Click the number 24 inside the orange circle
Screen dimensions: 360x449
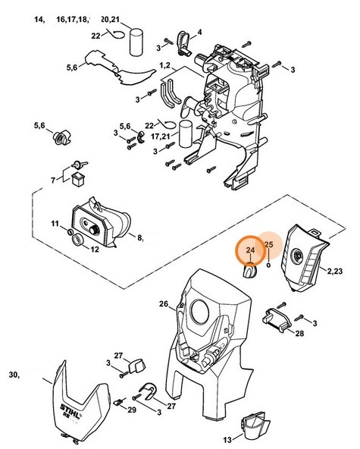coord(250,250)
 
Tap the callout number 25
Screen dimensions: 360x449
coord(269,244)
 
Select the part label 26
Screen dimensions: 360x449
coord(164,303)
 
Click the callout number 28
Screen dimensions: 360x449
coord(299,333)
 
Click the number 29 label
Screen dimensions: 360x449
coord(132,410)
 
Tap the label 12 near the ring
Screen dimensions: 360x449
coord(95,250)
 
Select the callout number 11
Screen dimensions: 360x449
coord(55,223)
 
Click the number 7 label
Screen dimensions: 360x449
coord(53,181)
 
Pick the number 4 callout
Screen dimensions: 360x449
coord(199,32)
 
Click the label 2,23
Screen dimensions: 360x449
coord(335,271)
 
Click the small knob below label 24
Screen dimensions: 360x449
coord(249,272)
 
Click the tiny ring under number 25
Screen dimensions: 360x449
coord(268,265)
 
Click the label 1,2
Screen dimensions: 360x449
coord(164,65)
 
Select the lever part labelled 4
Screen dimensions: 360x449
coord(183,42)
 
